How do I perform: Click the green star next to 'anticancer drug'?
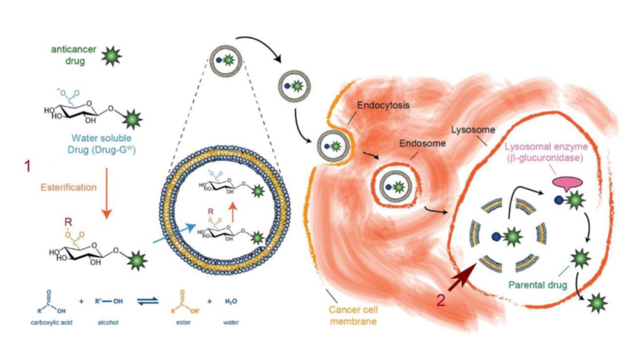pos(109,56)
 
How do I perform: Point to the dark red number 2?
pos(439,300)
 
